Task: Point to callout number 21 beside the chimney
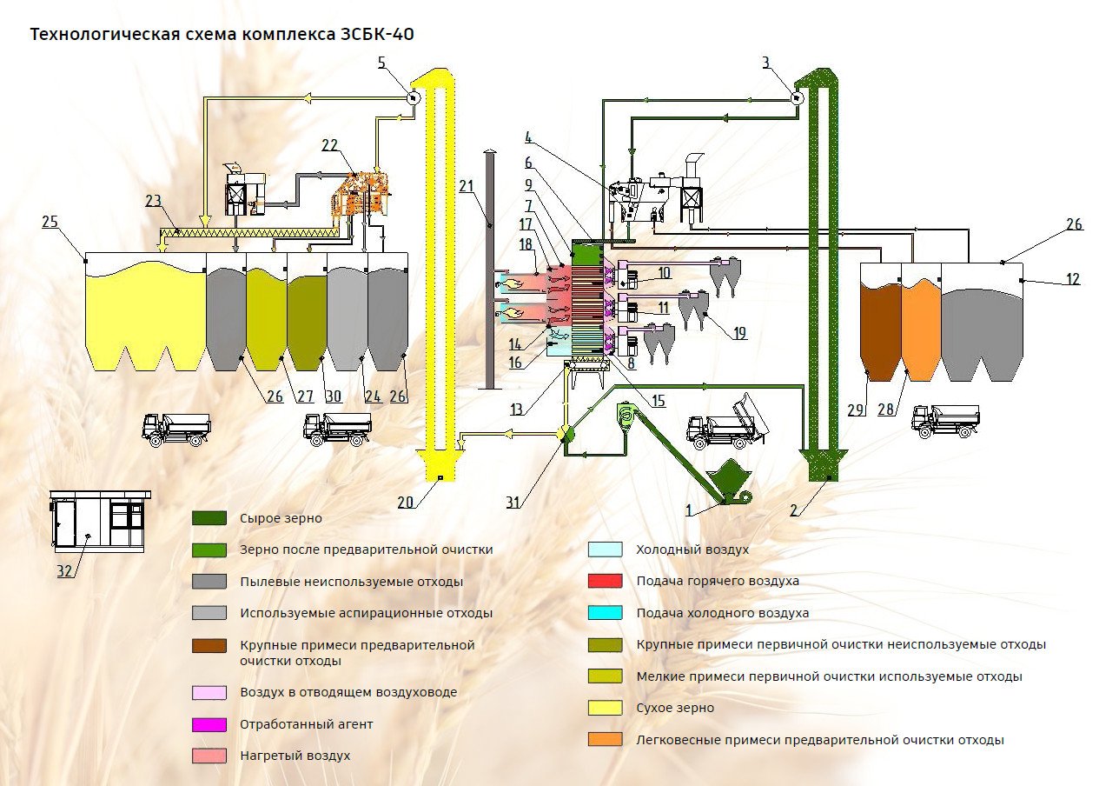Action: [x=467, y=186]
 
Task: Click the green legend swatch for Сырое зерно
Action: [x=209, y=518]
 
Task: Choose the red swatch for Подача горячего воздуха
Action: [x=606, y=581]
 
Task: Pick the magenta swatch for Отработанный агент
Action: [x=209, y=724]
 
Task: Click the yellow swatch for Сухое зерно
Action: [x=606, y=708]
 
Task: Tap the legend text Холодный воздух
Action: [x=692, y=550]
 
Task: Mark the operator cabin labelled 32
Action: [x=98, y=522]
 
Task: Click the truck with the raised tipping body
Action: [x=728, y=422]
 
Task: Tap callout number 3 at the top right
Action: [x=765, y=63]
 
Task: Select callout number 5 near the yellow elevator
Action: [x=381, y=62]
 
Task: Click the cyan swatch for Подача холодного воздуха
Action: [x=606, y=613]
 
